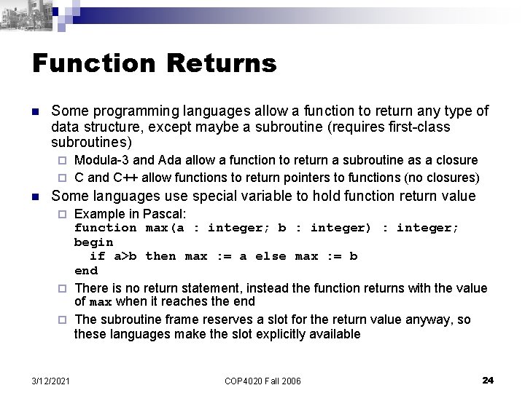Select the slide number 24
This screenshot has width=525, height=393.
click(x=489, y=379)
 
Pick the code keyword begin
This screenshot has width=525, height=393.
click(x=94, y=242)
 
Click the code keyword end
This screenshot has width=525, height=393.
click(x=86, y=270)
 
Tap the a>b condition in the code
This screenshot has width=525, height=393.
click(x=124, y=256)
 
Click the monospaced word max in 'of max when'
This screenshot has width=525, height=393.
click(x=101, y=302)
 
